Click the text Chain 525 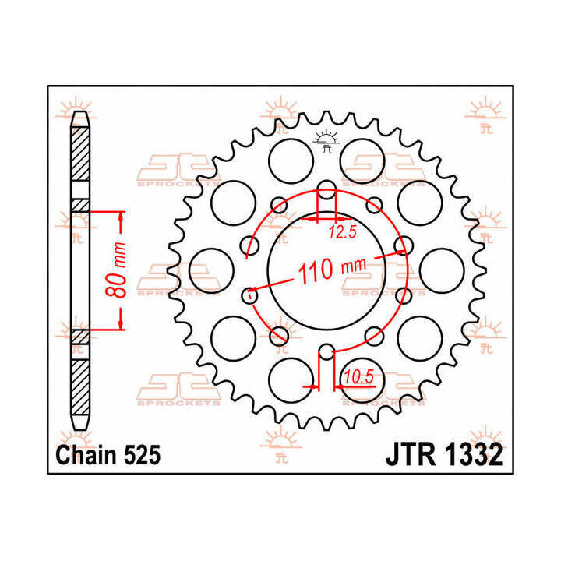pyautogui.click(x=108, y=455)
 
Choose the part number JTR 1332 pyautogui.click(x=443, y=455)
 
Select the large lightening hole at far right pyautogui.click(x=442, y=269)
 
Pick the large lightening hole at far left pyautogui.click(x=213, y=269)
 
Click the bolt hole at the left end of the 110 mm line pyautogui.click(x=251, y=294)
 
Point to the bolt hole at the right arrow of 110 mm pyautogui.click(x=403, y=247)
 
